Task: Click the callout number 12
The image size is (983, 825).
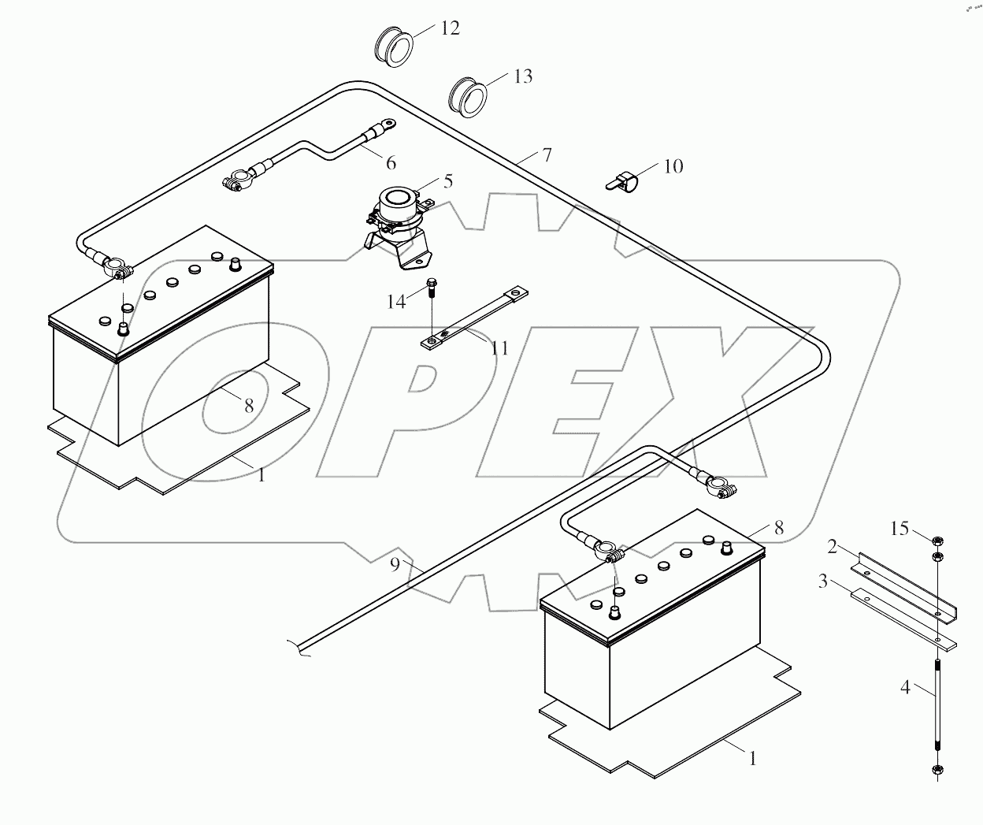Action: coord(450,28)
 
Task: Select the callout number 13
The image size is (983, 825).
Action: coord(523,76)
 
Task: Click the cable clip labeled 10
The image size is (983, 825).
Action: coord(621,180)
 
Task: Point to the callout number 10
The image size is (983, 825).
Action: coord(673,166)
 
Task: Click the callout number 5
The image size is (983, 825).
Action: coord(448,181)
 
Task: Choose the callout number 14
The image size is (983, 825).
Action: coord(396,301)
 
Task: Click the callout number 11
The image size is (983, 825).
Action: coord(499,348)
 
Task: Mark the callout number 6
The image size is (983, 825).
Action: coord(391,163)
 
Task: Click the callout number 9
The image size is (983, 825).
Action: coord(395,564)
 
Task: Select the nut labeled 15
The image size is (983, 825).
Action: coord(937,541)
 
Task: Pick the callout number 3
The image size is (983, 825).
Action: coord(822,582)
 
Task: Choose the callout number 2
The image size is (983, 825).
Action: coord(832,545)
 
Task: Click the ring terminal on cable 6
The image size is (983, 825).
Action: coord(387,124)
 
